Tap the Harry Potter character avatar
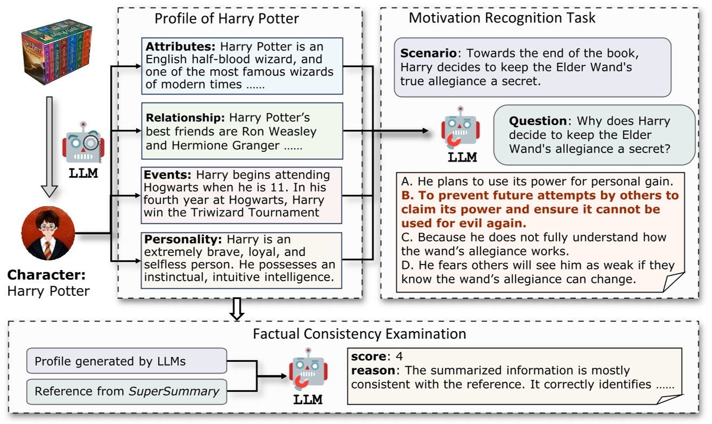(48, 234)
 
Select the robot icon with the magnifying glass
(83, 143)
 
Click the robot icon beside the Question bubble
(460, 129)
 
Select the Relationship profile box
(242, 131)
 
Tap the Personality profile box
(242, 260)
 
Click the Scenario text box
(533, 67)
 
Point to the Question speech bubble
(594, 135)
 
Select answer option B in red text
(540, 209)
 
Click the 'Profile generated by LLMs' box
(126, 361)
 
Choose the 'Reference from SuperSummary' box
(126, 391)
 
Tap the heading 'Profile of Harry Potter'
(227, 19)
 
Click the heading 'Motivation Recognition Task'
(502, 18)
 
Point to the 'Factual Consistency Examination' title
(359, 334)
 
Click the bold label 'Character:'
(46, 275)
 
